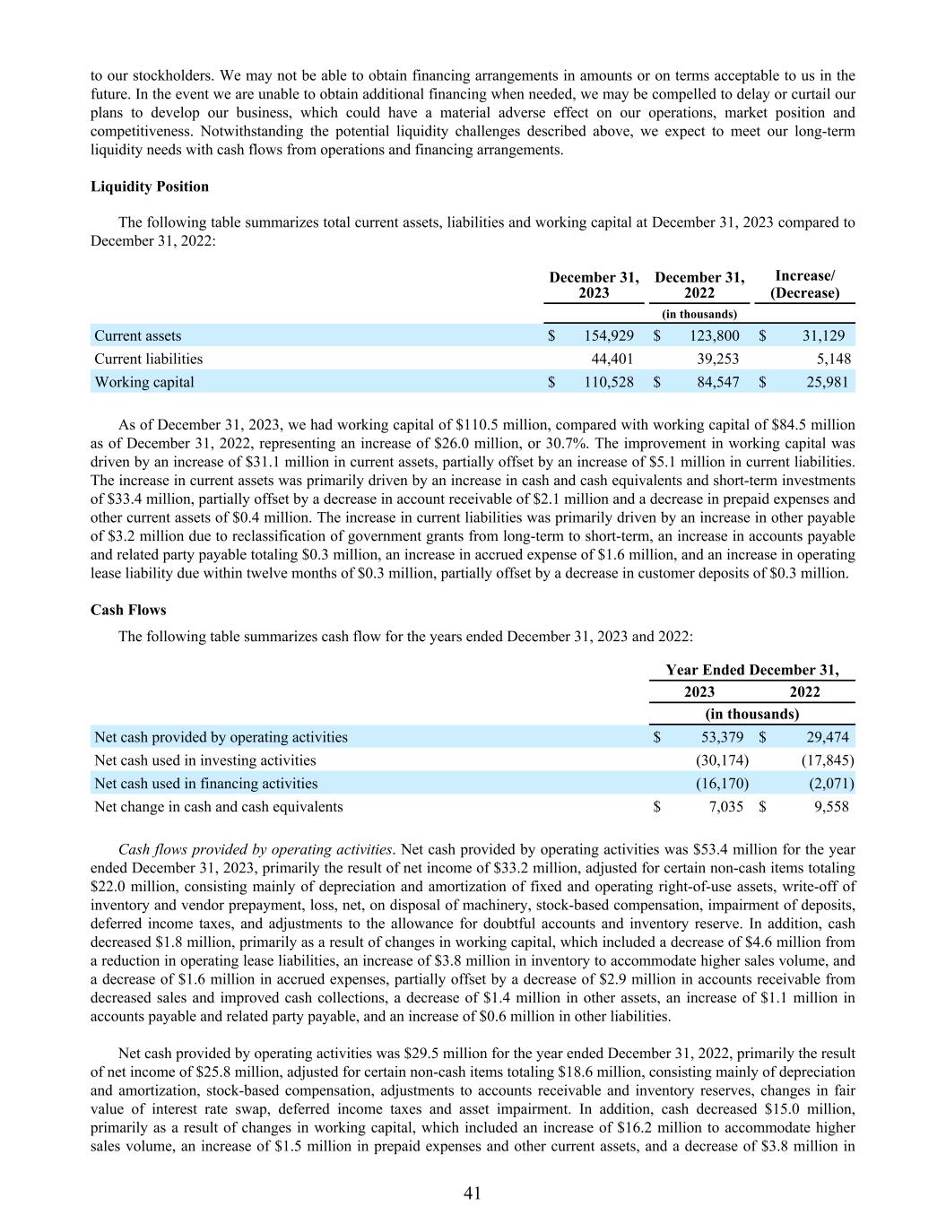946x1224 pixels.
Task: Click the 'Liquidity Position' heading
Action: [x=150, y=187]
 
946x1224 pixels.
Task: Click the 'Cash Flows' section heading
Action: [x=128, y=610]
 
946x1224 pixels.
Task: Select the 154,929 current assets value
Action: [x=609, y=335]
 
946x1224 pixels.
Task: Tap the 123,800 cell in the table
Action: [x=714, y=335]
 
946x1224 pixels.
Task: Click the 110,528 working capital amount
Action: [x=609, y=382]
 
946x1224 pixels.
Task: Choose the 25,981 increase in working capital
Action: [x=825, y=382]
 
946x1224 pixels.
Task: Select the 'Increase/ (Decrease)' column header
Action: [x=805, y=285]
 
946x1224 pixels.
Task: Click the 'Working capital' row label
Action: [x=144, y=382]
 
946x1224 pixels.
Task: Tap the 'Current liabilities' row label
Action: [x=149, y=359]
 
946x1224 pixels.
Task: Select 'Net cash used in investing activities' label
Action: [x=205, y=760]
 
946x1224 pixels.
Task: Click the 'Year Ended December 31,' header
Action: [x=752, y=670]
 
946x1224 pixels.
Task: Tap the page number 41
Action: [x=473, y=1193]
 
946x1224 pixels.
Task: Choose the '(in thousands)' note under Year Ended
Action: [x=751, y=714]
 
